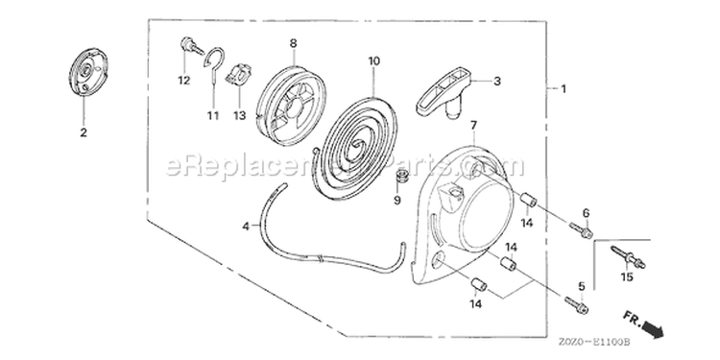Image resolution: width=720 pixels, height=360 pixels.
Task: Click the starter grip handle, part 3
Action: coord(444,92)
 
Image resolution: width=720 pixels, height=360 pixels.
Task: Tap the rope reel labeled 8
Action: coord(291,106)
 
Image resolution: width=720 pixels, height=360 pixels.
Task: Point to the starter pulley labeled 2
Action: coord(88,72)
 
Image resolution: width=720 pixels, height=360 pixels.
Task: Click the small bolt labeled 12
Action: coord(191,46)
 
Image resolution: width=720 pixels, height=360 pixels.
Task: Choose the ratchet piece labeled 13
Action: coord(239,75)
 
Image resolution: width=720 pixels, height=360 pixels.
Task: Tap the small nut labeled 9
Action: coord(404,177)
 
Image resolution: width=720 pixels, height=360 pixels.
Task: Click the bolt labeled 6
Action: coord(581,230)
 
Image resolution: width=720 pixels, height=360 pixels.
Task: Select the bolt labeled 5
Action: coord(576,305)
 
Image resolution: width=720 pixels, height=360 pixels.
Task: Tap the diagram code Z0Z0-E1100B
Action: coord(593,342)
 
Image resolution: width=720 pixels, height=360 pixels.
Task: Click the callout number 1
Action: coord(564,88)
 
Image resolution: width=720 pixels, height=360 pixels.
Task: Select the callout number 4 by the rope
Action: coord(246,226)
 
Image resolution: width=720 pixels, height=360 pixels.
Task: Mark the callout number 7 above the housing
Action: coord(473,125)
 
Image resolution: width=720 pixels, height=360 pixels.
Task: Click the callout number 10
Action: coord(373,61)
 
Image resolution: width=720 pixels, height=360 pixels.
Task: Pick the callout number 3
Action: coord(497,82)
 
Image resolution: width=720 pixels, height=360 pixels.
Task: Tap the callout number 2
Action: coord(84,132)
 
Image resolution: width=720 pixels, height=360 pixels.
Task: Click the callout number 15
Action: coord(627,276)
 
